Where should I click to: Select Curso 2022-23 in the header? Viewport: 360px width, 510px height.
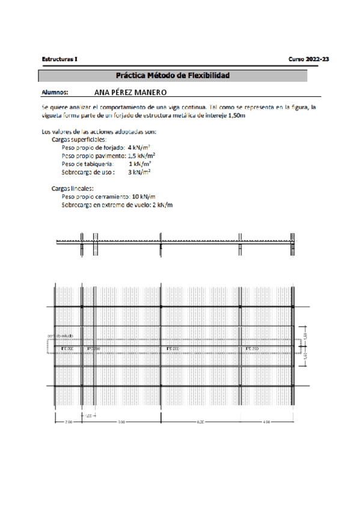click(x=309, y=60)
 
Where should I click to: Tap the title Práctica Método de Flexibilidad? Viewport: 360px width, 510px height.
click(x=173, y=76)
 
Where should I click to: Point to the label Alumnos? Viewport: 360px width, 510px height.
click(x=55, y=93)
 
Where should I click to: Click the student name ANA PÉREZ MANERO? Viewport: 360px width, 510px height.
click(x=131, y=93)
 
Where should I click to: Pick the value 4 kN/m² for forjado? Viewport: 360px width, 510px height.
click(x=139, y=147)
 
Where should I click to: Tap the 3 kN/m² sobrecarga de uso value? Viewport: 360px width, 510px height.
click(x=139, y=171)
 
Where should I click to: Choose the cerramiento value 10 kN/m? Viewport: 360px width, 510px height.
click(x=144, y=197)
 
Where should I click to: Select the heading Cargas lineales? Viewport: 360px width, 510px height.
click(x=72, y=188)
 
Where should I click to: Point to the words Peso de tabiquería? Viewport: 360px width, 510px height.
click(x=87, y=163)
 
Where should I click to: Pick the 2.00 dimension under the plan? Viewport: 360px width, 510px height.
click(x=68, y=423)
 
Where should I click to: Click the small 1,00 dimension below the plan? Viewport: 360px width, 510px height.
click(x=88, y=416)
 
